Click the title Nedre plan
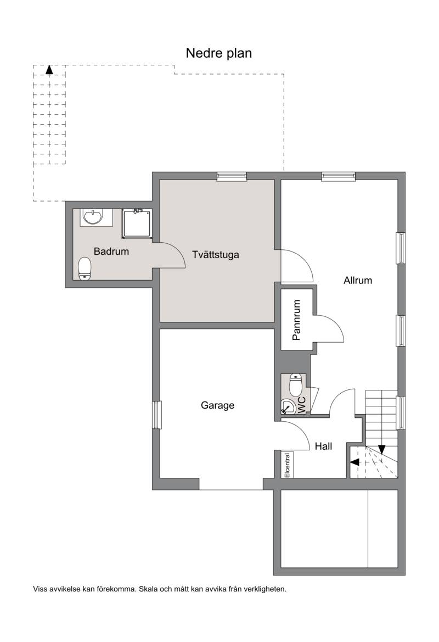218,53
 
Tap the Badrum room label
111,252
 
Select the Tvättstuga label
216,255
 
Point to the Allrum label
358,281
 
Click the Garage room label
218,405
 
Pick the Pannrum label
297,320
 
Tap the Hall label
324,446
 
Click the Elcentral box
287,464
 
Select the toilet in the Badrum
85,269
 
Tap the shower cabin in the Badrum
137,224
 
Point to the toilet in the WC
295,384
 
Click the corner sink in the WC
288,407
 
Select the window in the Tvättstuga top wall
232,176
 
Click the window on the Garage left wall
157,415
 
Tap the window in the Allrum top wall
339,176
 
